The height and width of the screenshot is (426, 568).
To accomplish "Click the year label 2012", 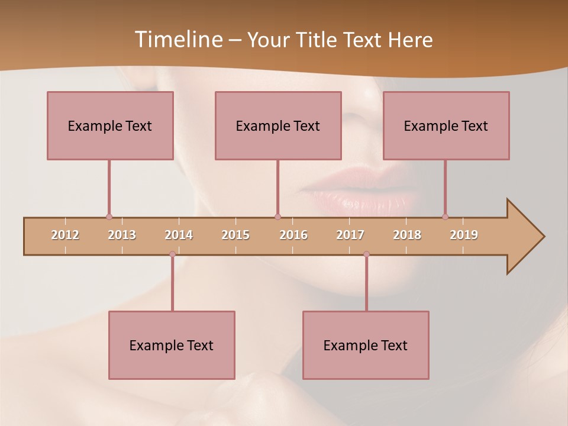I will click(65, 235).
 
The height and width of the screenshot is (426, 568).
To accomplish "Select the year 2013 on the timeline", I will click(122, 235).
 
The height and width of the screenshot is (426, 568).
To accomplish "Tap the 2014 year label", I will click(179, 235).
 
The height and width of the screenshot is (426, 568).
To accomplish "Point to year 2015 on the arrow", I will click(235, 235).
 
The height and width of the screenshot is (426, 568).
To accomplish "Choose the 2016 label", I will click(293, 235).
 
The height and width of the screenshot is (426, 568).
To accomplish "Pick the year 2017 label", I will click(350, 235).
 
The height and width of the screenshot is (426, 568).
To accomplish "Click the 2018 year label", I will click(407, 235).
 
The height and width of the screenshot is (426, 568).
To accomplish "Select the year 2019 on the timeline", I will click(464, 235).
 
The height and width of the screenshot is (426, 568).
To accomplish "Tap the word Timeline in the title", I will click(177, 40).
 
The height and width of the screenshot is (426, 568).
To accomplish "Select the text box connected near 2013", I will click(110, 125).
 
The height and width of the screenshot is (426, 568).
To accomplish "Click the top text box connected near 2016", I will click(278, 125).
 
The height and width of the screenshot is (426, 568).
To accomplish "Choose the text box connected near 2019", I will click(446, 125).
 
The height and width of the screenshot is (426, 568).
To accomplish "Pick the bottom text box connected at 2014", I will click(172, 345).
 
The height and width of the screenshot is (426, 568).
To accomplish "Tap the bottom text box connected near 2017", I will click(366, 345).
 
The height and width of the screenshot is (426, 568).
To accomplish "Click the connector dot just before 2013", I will click(109, 217).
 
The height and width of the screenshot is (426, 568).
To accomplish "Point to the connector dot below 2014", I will click(172, 254).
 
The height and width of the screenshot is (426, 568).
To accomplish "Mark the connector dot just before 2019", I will click(445, 217).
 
